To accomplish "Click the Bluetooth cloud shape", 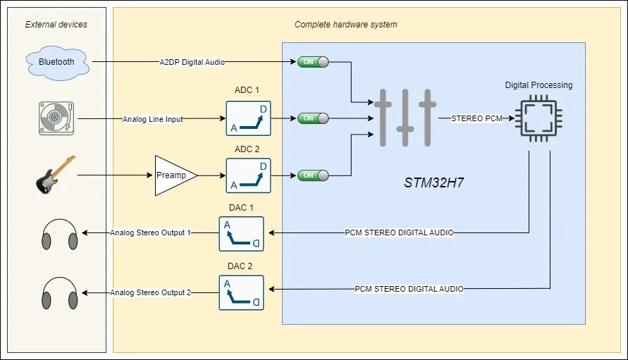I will pos(56,62).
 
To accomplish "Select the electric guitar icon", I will pos(55,175).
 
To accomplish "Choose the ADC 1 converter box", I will pos(248,118).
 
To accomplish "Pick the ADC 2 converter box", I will pos(248,175).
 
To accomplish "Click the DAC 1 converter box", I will pos(241,233).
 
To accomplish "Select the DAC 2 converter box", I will pos(241,292).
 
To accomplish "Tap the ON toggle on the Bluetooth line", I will pos(313,62).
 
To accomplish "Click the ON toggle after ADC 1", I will pos(313,118).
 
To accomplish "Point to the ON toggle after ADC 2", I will pos(313,175).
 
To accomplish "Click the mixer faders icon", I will pos(405,118).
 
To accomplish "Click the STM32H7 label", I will pos(433,182).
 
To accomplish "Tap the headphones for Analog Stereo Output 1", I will pos(59,233).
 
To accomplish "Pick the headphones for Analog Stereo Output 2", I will pos(59,292).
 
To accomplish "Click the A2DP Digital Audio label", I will pos(192,62).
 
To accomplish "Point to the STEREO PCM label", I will pos(476,118).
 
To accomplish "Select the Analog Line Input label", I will pos(152,119).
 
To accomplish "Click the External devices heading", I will pos(56,25).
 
